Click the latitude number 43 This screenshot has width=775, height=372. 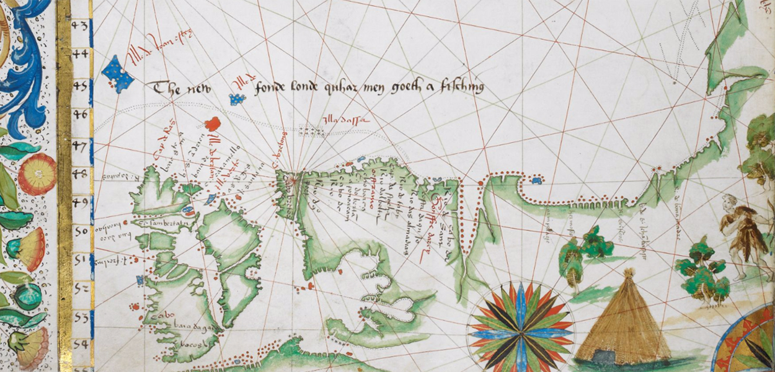(x=80, y=26)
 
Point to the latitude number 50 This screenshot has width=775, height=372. (x=81, y=231)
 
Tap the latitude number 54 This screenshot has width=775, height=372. (x=80, y=343)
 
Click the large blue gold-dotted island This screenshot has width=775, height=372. (x=118, y=73)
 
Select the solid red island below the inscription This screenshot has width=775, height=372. (x=213, y=123)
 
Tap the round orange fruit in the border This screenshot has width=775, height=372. (x=37, y=174)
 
